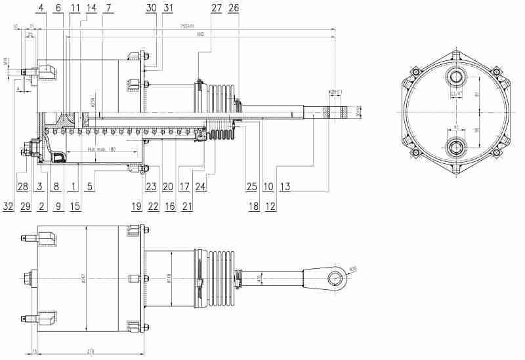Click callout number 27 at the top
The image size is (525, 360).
coord(216,8)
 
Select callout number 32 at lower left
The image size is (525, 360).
coord(8,205)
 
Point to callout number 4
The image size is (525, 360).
coord(41,8)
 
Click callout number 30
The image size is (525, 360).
coord(152,8)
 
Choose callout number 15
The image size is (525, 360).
coord(75,205)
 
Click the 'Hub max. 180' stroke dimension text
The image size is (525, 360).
coord(101,150)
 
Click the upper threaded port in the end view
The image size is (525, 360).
coord(455,78)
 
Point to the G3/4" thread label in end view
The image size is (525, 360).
coord(455,94)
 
